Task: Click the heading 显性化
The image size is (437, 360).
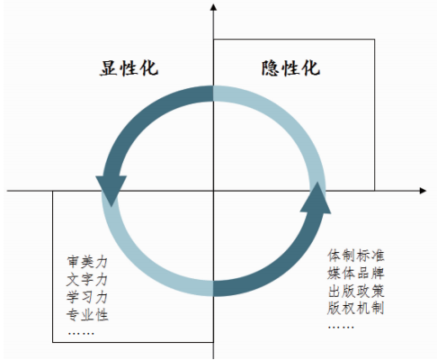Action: point(129,67)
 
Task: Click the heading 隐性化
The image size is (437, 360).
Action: point(290,67)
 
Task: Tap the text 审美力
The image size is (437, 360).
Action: point(87,262)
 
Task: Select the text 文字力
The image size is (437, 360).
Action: point(87,280)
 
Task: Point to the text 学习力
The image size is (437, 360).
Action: point(87,297)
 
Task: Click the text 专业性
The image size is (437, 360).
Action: point(87,315)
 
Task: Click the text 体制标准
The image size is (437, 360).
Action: point(355,256)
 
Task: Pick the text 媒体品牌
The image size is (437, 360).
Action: point(355,274)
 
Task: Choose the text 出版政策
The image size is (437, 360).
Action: point(355,291)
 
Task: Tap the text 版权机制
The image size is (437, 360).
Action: point(355,309)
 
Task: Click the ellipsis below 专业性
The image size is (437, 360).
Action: point(81,333)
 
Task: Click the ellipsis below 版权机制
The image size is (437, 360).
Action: point(341,327)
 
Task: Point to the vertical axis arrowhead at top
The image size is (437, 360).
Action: point(213,7)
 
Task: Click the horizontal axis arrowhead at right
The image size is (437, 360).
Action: point(423,191)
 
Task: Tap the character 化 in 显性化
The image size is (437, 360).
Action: point(149,67)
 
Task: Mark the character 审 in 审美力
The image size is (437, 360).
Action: point(73,262)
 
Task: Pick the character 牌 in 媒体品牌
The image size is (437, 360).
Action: point(378,274)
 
